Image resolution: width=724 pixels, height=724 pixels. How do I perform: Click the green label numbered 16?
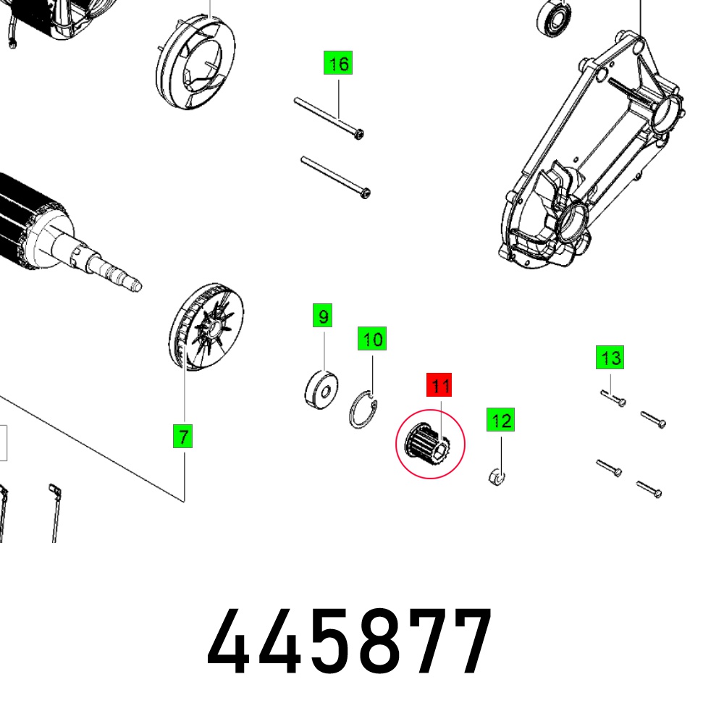pyautogui.click(x=338, y=63)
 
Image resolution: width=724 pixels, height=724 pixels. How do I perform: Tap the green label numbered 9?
pyautogui.click(x=322, y=316)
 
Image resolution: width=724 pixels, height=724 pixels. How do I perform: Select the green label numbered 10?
pyautogui.click(x=372, y=338)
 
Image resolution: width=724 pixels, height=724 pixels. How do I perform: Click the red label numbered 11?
pyautogui.click(x=439, y=384)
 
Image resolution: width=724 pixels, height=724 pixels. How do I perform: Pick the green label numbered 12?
pyautogui.click(x=500, y=420)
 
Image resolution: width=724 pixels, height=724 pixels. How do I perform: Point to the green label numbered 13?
pyautogui.click(x=610, y=357)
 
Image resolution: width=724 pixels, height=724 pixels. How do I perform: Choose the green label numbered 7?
pyautogui.click(x=183, y=437)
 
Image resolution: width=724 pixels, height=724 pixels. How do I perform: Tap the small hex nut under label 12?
pyautogui.click(x=497, y=476)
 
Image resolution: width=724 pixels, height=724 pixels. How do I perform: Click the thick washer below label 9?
pyautogui.click(x=321, y=390)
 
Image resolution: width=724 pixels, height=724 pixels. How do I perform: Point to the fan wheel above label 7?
pyautogui.click(x=206, y=327)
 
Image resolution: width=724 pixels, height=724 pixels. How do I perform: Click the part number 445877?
pyautogui.click(x=350, y=641)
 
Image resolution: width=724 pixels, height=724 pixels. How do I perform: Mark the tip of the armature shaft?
pyautogui.click(x=138, y=287)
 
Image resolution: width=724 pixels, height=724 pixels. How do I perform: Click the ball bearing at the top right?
pyautogui.click(x=554, y=17)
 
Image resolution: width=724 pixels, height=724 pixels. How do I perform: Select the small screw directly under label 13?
pyautogui.click(x=613, y=398)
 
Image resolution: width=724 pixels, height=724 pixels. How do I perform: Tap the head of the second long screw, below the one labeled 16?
pyautogui.click(x=365, y=193)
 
